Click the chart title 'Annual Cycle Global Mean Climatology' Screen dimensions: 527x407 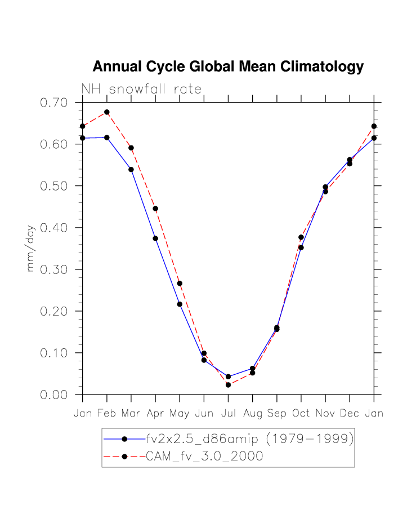(228, 67)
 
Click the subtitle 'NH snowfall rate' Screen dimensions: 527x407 (141, 89)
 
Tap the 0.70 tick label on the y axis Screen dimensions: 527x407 (53, 103)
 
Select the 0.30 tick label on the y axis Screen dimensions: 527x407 (53, 269)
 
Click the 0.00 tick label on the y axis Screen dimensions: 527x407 (53, 395)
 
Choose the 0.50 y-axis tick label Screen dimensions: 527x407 (53, 186)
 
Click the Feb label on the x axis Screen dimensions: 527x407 (106, 414)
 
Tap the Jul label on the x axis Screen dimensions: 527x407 (228, 414)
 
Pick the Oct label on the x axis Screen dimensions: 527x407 (301, 414)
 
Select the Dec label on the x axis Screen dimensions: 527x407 (349, 414)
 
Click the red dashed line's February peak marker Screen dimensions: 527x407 (107, 112)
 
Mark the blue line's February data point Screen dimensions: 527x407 (107, 138)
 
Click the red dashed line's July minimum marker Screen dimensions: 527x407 (228, 385)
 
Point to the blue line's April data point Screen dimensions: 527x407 (155, 238)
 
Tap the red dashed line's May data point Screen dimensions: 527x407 (180, 284)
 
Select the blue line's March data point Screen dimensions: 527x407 (131, 170)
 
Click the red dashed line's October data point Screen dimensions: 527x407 (301, 237)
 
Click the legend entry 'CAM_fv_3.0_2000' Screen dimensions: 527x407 (204, 457)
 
